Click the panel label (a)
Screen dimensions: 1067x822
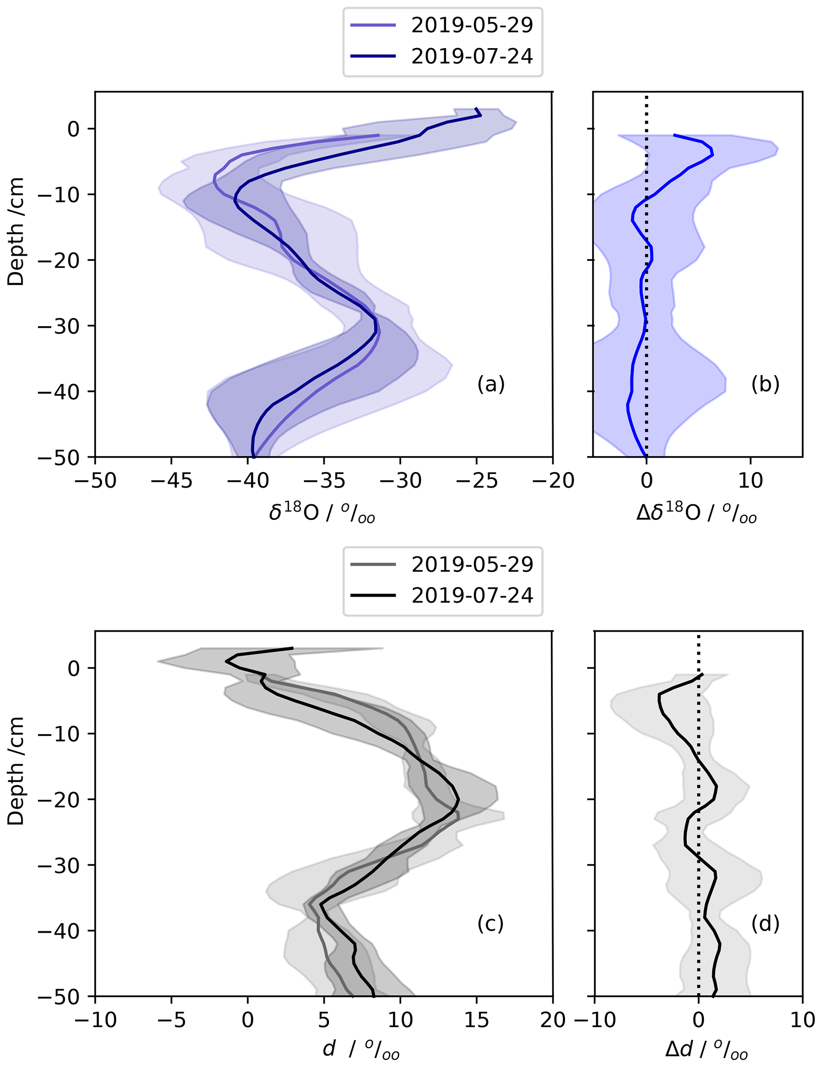pos(490,384)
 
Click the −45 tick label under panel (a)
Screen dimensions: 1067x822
pos(171,481)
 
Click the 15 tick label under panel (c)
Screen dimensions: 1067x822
pos(476,1020)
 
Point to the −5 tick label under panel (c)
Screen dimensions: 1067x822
pos(171,1020)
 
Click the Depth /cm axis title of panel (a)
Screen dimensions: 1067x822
pos(16,231)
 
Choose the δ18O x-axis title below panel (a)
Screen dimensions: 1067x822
pos(323,513)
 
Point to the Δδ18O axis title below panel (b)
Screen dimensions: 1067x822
pos(696,513)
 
